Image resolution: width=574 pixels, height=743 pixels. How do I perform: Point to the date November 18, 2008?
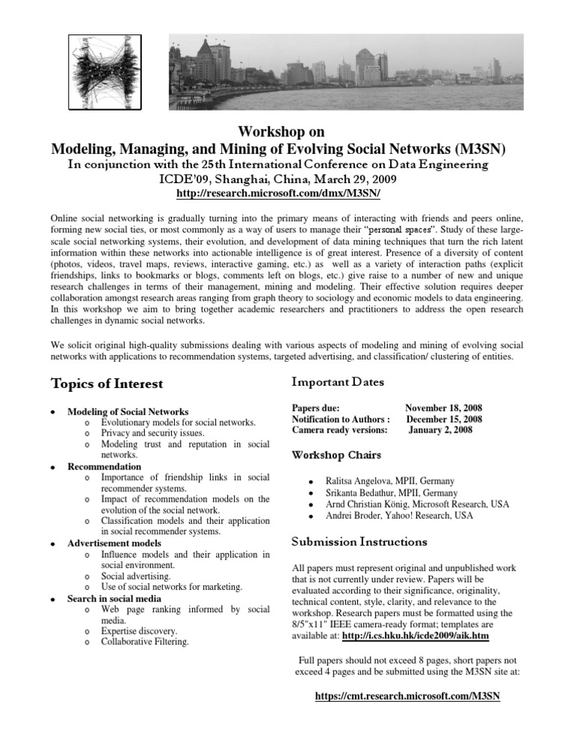[443, 409]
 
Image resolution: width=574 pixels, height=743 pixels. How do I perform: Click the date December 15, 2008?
[444, 419]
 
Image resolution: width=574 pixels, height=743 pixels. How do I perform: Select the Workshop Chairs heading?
[337, 454]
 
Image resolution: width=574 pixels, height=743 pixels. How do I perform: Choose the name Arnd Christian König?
[365, 505]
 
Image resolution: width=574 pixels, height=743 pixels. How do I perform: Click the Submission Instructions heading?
[359, 540]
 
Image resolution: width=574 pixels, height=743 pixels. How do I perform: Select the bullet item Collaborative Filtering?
[145, 641]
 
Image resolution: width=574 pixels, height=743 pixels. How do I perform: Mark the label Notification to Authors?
[341, 419]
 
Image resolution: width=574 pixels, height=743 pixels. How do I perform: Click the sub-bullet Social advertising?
[136, 576]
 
